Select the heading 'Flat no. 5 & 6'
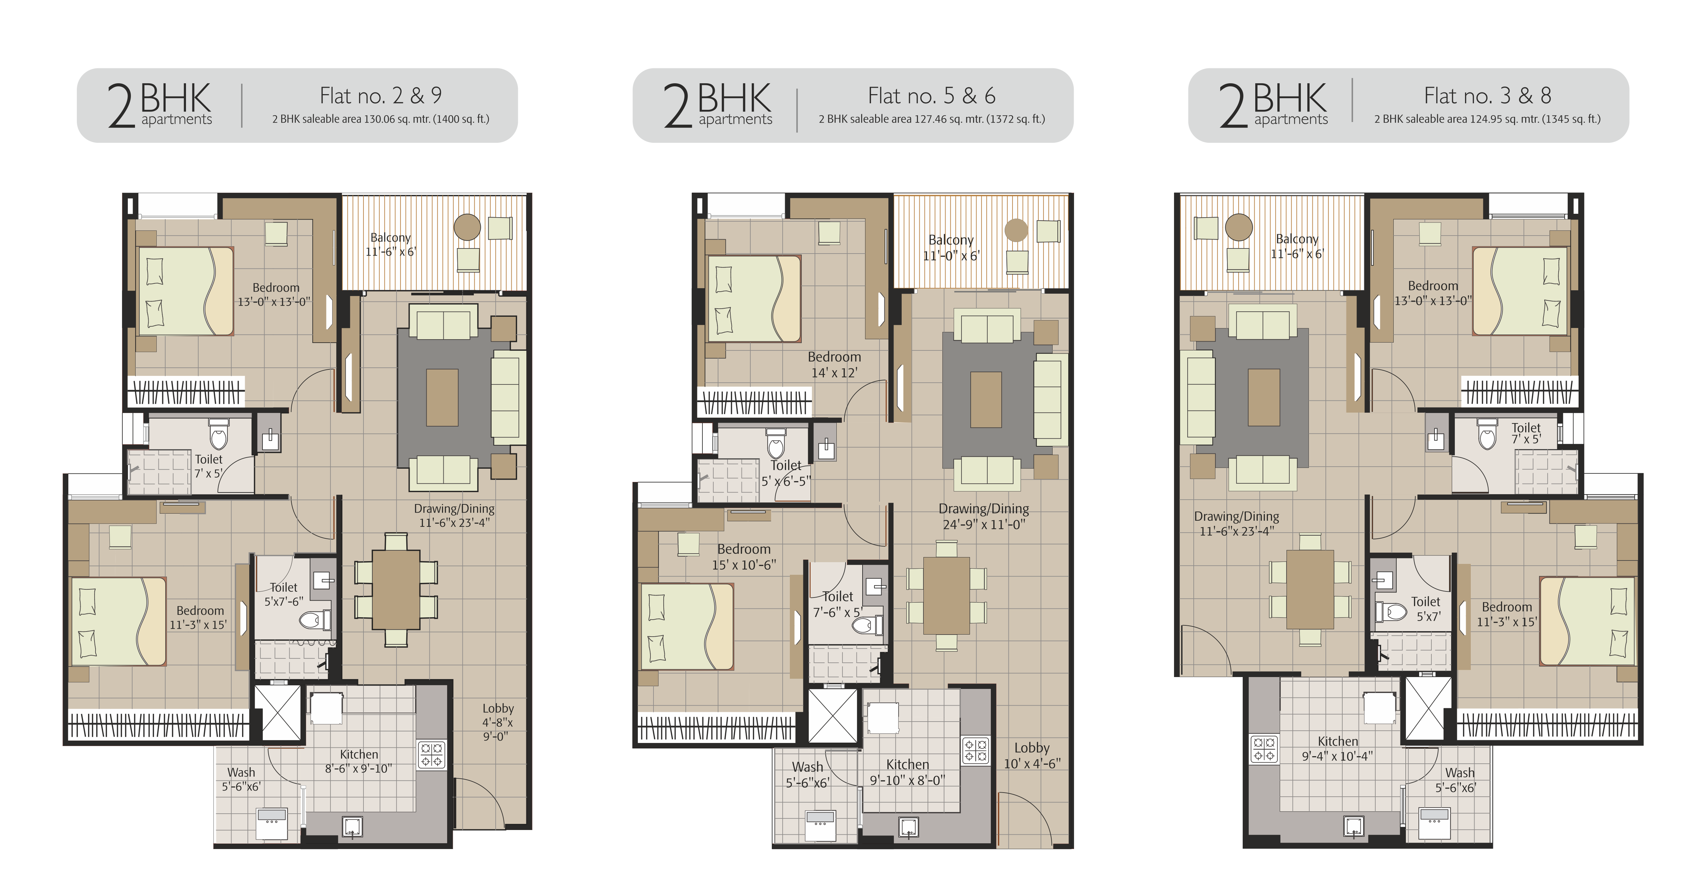coord(931,96)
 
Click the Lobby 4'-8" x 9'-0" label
coord(497,722)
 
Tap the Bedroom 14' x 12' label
coord(834,364)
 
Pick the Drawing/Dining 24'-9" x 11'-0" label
coord(983,516)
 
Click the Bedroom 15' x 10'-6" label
coord(744,556)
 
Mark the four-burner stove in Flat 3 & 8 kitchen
coord(1264,749)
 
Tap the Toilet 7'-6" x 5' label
coord(837,604)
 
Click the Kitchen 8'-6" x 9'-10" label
coord(359,761)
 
